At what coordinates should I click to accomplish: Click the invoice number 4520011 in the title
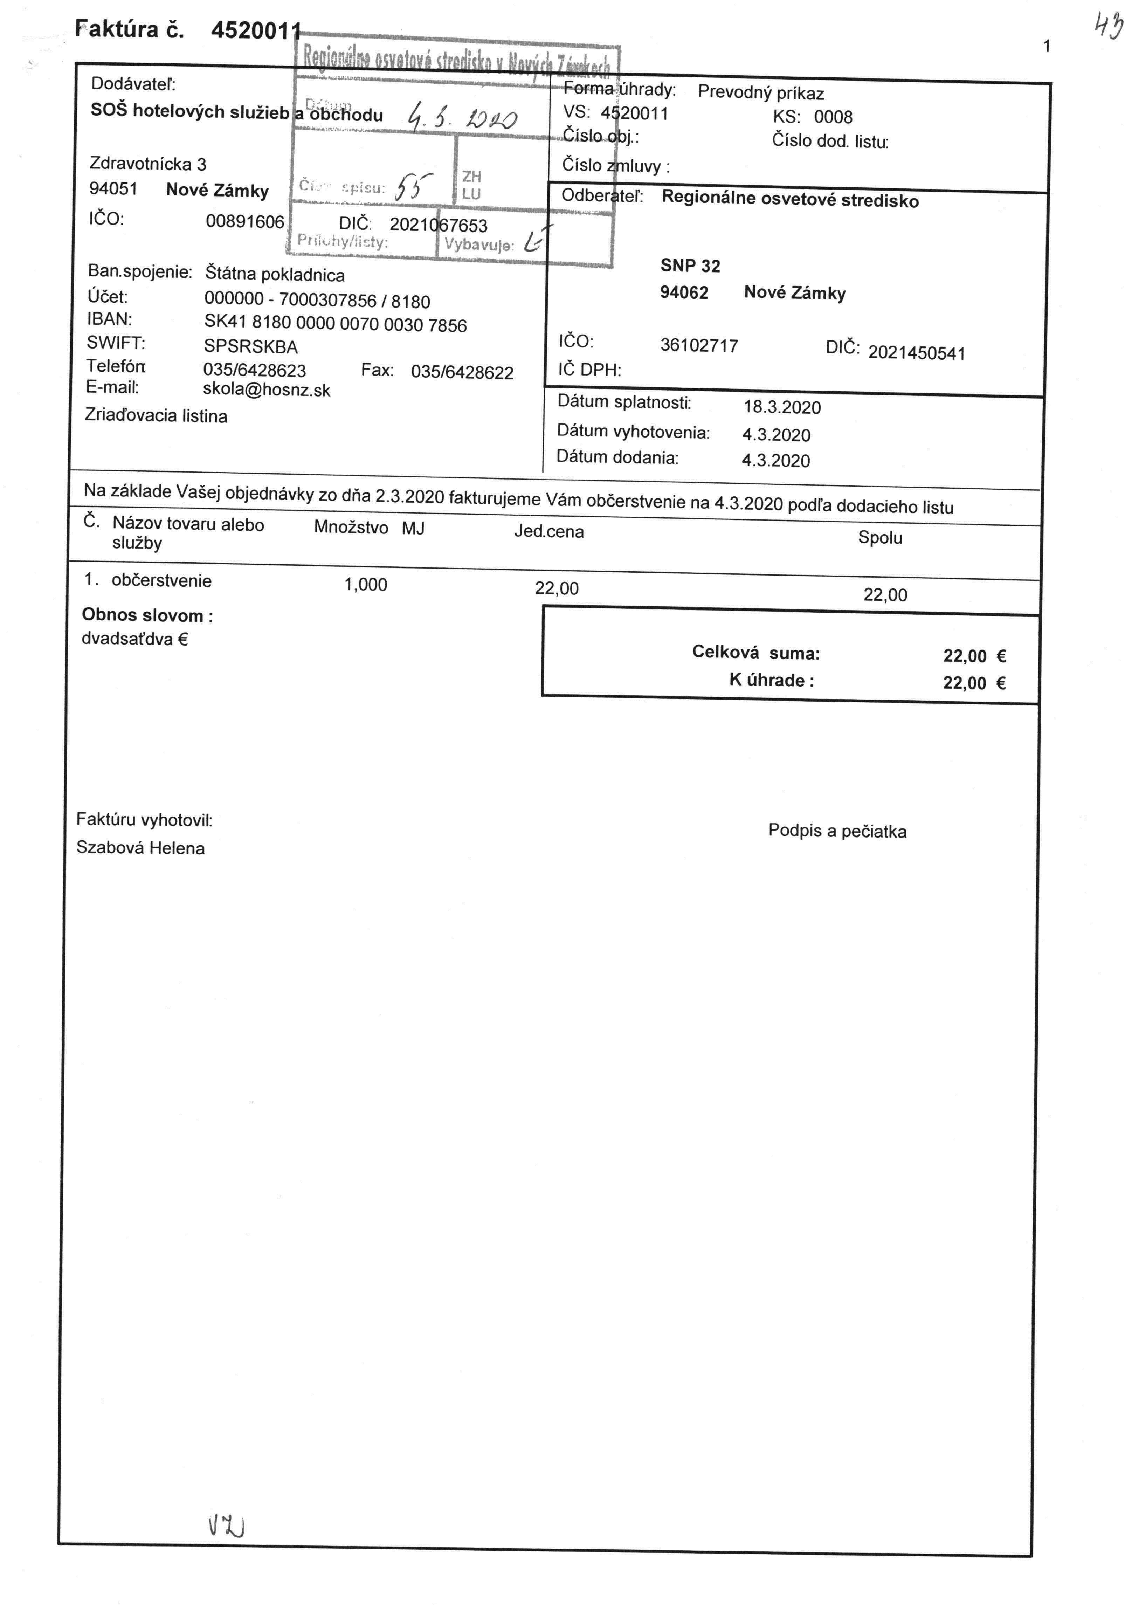(x=256, y=31)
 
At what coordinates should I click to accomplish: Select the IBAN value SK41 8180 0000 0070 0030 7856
(x=336, y=324)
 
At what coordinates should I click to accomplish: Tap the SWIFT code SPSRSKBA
(x=251, y=347)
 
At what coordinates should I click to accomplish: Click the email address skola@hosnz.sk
(x=266, y=390)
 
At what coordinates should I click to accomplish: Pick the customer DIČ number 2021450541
(x=916, y=353)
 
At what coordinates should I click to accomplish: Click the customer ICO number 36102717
(x=699, y=345)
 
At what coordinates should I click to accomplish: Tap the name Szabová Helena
(x=140, y=848)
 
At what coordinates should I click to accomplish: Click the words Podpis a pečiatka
(x=837, y=831)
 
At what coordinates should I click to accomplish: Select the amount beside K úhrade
(x=974, y=683)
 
